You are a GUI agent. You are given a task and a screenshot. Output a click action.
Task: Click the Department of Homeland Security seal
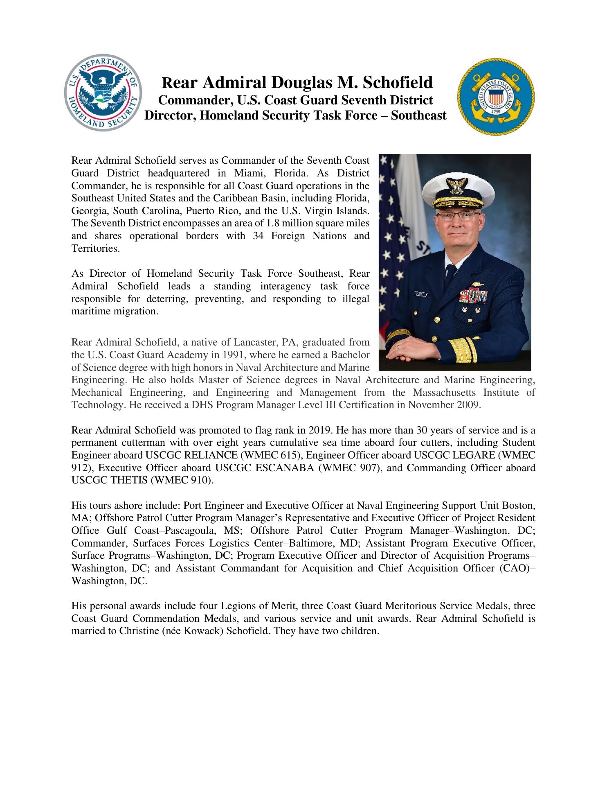pos(103,95)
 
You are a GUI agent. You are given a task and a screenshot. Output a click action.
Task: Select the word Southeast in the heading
pos(418,115)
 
